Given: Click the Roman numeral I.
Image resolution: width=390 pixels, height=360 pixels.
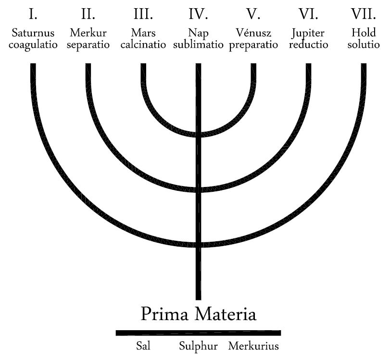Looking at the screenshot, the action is tap(33, 14).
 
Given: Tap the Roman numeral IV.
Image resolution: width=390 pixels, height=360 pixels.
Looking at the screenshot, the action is tap(198, 14).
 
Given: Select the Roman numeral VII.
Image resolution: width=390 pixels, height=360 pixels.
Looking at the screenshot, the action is tap(363, 14).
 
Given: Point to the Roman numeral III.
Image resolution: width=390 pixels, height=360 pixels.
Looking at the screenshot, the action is tap(143, 14).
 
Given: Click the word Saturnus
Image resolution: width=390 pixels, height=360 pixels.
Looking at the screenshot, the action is tap(33, 34).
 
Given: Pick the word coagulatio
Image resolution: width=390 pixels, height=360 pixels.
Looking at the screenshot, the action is tap(33, 46).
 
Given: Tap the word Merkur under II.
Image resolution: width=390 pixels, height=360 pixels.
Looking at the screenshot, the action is tap(88, 34).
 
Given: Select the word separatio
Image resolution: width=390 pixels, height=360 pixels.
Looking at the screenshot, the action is tap(88, 46).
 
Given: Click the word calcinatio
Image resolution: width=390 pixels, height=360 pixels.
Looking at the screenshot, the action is tap(143, 46).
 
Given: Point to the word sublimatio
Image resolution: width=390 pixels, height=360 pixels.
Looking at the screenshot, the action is tap(198, 46).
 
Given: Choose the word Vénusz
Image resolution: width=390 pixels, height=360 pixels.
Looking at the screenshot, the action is tap(253, 34).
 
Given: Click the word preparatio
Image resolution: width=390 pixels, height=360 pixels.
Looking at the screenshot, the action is tap(253, 46).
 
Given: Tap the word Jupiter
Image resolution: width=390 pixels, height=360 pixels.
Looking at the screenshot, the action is tap(308, 34).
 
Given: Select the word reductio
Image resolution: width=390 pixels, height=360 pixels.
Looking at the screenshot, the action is tap(308, 46).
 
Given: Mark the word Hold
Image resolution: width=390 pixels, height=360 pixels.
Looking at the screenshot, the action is tap(363, 34).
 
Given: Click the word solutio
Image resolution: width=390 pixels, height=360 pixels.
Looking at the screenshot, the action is tap(363, 46).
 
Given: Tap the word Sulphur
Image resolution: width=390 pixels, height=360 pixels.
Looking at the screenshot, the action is tap(199, 347).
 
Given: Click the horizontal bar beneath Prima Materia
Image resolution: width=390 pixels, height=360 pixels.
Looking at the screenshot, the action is tap(198, 333).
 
